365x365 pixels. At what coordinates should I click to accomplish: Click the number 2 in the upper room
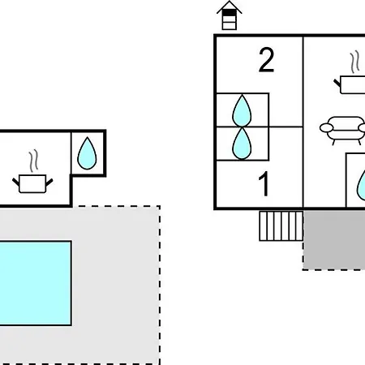coord(266,60)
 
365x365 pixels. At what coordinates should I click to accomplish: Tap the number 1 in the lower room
coord(264,184)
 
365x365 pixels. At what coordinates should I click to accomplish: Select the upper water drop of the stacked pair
coord(242,111)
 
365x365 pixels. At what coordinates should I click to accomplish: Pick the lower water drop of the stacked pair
coord(242,144)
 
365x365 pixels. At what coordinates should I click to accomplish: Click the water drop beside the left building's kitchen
coord(87,153)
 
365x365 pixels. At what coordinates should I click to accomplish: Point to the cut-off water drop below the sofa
coord(361,185)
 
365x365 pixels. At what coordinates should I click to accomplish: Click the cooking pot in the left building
coord(32,184)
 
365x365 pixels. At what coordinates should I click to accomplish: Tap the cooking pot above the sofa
coord(350,85)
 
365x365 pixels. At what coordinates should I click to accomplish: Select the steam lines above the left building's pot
coord(33,161)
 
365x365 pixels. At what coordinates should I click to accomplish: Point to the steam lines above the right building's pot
coord(355,62)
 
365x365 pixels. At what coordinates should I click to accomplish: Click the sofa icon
coord(343,131)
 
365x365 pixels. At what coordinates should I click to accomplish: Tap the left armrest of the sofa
coord(325,127)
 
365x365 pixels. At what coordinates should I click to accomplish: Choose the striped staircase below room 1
coord(281,226)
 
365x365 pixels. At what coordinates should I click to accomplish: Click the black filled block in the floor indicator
coord(230,13)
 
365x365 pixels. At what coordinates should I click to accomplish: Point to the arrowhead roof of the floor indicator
coord(230,7)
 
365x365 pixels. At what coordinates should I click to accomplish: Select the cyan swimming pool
coord(36,283)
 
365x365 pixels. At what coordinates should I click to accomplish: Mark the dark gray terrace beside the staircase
coord(334,240)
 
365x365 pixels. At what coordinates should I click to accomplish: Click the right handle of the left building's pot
coord(49,182)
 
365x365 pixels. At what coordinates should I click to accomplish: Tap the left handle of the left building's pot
coord(16,182)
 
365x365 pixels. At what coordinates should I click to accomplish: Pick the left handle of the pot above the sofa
coord(337,83)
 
